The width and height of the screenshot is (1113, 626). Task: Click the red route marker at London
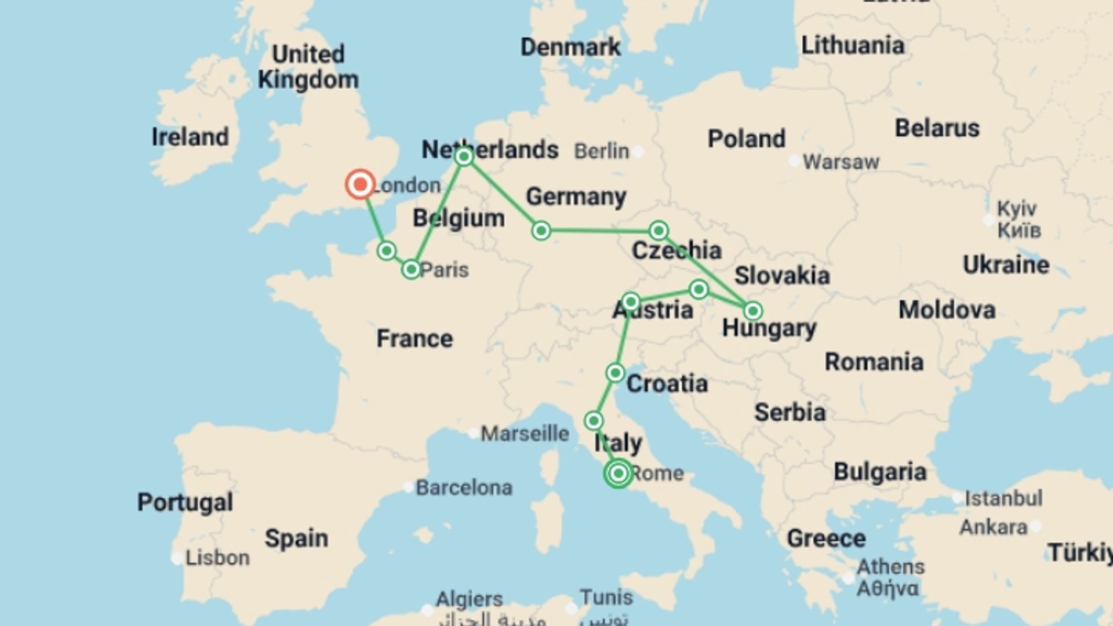point(360,185)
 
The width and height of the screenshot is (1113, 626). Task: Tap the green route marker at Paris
point(411,270)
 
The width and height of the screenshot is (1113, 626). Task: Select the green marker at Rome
point(619,474)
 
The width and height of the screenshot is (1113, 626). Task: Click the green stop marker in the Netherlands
point(464,157)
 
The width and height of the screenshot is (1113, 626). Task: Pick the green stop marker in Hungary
point(752,311)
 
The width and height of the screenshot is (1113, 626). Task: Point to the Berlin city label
point(602,151)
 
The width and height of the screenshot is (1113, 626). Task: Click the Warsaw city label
point(841,162)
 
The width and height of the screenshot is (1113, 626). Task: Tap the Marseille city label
point(525,434)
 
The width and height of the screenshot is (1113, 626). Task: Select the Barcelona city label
point(464,487)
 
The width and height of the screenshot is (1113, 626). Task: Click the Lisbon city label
point(217,558)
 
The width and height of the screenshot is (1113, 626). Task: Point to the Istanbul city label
point(1003,498)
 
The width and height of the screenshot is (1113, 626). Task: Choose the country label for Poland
point(747,139)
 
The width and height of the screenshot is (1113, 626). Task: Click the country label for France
point(414,339)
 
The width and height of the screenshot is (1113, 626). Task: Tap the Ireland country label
point(190,137)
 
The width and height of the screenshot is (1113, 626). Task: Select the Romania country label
point(874,362)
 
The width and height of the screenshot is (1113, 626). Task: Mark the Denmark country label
point(570,47)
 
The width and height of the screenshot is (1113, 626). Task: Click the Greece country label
point(826,538)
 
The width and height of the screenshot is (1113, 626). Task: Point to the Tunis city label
point(606,597)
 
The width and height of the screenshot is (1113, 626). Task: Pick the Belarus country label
point(937,128)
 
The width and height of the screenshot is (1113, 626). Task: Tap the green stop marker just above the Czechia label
point(659,231)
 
